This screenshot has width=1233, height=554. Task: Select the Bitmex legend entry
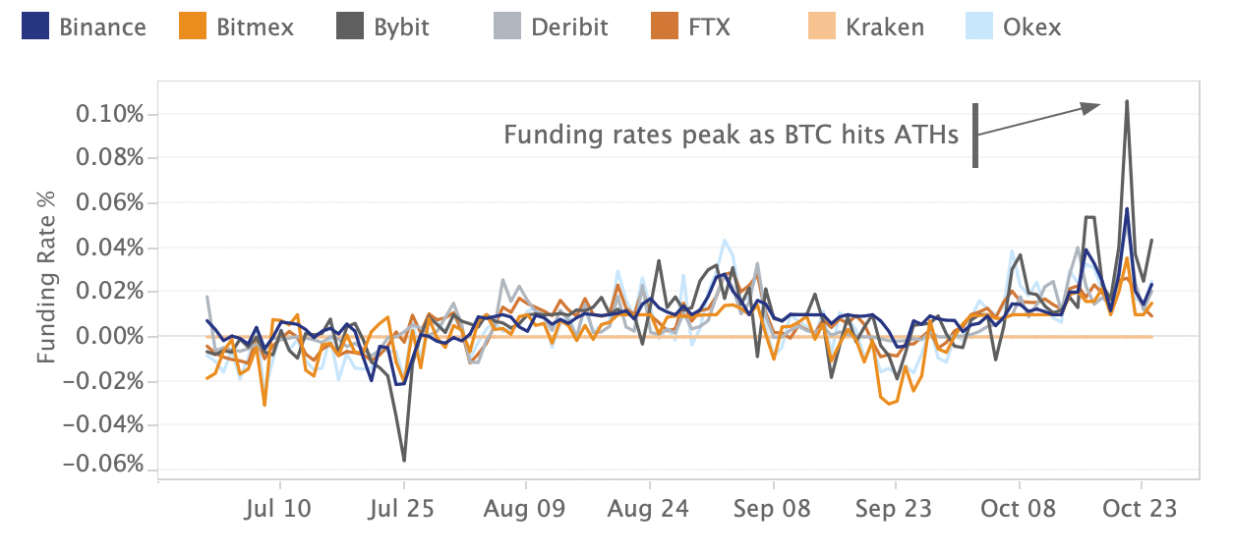pyautogui.click(x=238, y=27)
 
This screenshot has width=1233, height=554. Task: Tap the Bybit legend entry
pyautogui.click(x=385, y=27)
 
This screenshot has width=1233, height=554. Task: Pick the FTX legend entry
pyautogui.click(x=691, y=27)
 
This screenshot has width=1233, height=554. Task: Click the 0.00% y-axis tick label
pyautogui.click(x=110, y=336)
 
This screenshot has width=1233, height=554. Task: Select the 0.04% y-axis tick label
pyautogui.click(x=110, y=248)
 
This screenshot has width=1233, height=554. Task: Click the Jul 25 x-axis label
pyautogui.click(x=403, y=509)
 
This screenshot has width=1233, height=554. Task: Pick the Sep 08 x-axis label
pyautogui.click(x=773, y=509)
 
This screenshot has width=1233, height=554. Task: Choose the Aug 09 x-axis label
pyautogui.click(x=526, y=509)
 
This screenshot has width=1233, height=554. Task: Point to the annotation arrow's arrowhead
pyautogui.click(x=1091, y=107)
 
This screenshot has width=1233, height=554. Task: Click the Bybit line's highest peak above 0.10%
pyautogui.click(x=1126, y=101)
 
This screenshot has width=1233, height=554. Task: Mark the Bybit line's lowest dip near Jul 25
pyautogui.click(x=404, y=460)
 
